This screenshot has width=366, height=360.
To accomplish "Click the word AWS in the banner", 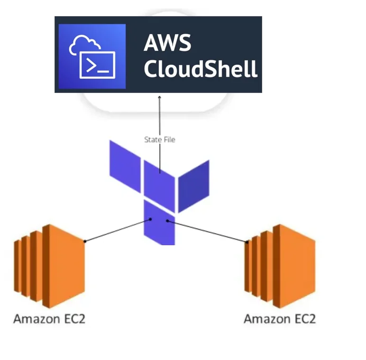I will tap(167, 43).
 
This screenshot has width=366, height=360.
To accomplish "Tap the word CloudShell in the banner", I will tap(201, 69).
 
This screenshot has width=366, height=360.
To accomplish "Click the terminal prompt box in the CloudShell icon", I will tap(97, 65).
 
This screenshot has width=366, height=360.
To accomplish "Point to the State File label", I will tap(159, 139).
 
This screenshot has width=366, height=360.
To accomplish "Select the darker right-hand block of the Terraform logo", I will tap(193, 185).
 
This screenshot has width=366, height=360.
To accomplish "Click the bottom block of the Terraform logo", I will tap(159, 223).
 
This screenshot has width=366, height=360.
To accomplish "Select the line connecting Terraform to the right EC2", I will tap(207, 231).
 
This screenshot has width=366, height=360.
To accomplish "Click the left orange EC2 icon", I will tap(49, 266).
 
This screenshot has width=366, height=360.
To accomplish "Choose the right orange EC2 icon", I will tap(280, 266).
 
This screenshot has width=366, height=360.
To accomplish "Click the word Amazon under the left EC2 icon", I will tap(33, 318).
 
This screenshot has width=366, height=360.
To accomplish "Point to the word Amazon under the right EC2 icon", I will tap(264, 318).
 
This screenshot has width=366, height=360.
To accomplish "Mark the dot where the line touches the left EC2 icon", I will tap(85, 241).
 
